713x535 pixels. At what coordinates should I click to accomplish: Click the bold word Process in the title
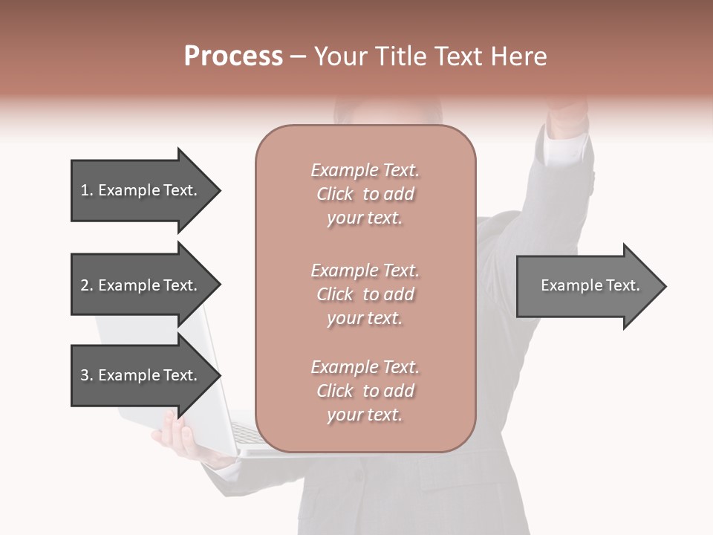(x=233, y=56)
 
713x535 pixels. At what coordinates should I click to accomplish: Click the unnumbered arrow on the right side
(x=587, y=286)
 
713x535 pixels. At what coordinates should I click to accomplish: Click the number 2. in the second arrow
(x=86, y=285)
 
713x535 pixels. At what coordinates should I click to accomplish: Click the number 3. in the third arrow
(x=86, y=375)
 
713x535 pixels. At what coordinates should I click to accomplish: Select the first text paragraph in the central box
(x=365, y=194)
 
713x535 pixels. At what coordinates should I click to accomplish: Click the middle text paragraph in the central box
(x=365, y=294)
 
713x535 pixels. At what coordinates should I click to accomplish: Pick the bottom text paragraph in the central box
(x=365, y=391)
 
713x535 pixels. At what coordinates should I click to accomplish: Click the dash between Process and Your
(x=298, y=57)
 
